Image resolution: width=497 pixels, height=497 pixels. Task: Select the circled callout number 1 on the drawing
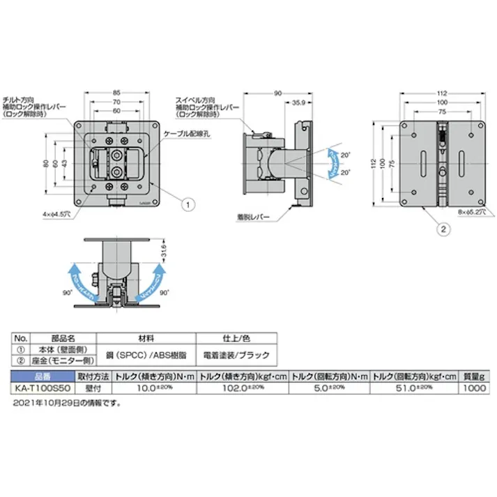186,204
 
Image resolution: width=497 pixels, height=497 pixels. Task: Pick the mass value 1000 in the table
473,388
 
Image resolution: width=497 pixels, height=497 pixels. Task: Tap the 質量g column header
473,376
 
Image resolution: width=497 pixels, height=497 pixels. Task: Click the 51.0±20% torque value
414,388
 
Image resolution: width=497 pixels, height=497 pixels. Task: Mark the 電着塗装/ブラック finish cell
231,353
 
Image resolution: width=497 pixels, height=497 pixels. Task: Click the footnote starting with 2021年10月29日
66,402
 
